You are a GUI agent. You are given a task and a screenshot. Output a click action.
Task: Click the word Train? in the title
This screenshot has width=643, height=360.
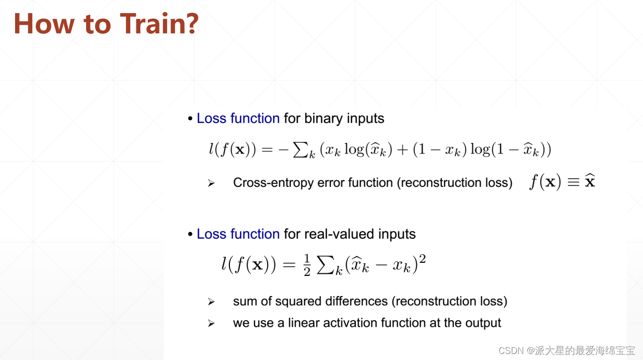159,24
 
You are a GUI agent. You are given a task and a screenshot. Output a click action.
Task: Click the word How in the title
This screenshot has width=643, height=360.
44,24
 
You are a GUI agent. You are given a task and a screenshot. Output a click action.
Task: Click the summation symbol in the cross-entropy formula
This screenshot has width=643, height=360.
301,150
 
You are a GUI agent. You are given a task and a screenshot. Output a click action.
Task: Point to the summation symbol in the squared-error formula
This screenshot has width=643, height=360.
326,265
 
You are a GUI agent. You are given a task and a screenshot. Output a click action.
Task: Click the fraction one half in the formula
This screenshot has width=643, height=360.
307,265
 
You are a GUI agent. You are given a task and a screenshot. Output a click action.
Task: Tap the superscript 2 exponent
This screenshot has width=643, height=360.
422,259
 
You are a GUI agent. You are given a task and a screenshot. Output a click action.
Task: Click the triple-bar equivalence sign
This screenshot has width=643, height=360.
574,182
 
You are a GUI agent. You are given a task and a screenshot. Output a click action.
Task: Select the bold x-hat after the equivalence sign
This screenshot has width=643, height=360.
590,181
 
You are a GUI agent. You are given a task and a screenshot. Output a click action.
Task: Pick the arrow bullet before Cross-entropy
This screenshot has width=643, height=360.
211,183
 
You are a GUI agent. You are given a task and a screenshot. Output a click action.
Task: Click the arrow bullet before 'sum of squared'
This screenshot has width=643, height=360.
211,302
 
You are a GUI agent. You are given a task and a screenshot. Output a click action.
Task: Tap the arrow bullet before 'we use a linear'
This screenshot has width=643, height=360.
211,324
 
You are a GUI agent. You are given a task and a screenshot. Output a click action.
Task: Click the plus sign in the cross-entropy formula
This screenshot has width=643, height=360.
403,150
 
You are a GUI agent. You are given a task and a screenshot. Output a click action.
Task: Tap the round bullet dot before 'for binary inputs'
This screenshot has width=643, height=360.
190,118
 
